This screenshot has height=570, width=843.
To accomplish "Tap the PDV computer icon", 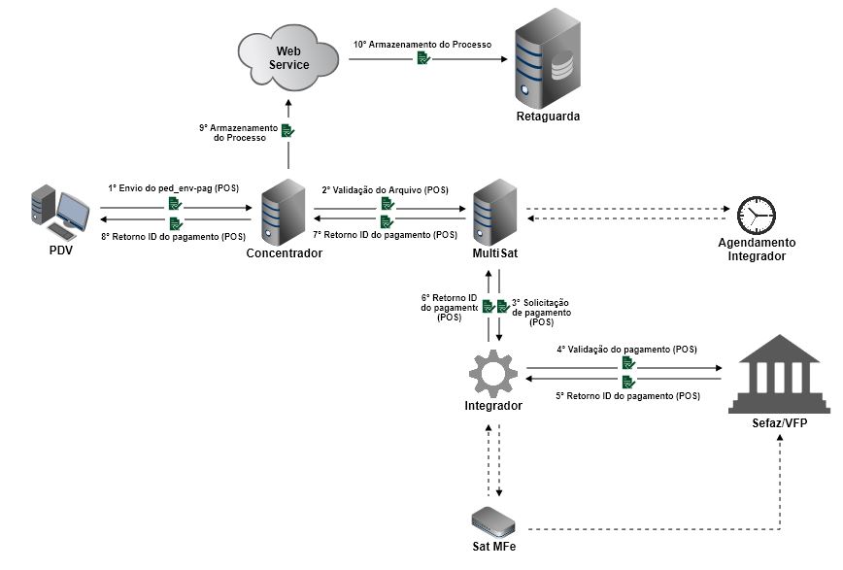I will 60,213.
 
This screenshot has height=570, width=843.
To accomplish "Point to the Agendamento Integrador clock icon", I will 756,214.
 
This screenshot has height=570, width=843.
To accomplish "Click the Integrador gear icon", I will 492,374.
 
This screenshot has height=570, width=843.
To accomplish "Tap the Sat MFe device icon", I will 493,520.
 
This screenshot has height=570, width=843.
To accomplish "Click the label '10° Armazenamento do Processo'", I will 421,45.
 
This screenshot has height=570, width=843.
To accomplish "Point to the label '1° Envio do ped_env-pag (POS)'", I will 174,188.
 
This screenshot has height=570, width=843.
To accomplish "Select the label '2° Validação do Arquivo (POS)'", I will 386,189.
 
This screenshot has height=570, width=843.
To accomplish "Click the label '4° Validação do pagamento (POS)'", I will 626,349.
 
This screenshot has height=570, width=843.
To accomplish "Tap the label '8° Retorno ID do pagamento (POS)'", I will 173,236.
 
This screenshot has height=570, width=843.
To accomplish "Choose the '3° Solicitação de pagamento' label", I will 541,312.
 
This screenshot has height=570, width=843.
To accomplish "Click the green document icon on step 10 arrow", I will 423,58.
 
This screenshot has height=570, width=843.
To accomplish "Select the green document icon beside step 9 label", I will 287,130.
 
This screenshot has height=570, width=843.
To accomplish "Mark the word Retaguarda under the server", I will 548,117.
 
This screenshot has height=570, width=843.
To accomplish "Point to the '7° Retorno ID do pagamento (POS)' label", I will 386,235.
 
